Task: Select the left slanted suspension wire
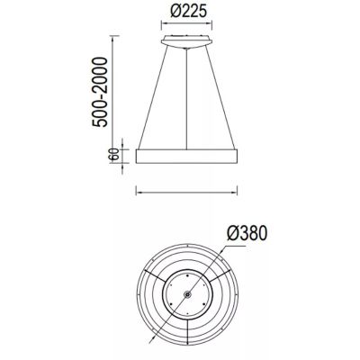tap(150, 99)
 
